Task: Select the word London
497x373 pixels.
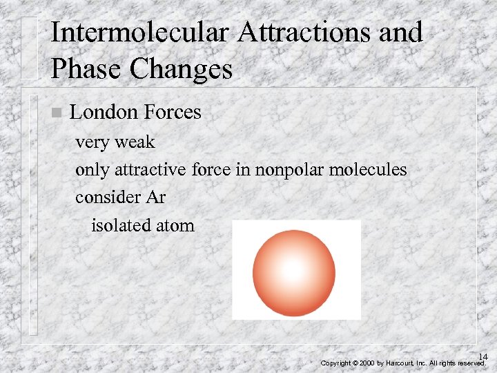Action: tap(104, 112)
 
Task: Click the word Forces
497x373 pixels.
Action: tap(172, 112)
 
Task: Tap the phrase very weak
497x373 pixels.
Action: tap(115, 142)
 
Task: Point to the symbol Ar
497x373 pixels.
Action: tap(156, 197)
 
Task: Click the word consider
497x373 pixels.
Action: tap(108, 197)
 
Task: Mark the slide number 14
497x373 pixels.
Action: tap(483, 356)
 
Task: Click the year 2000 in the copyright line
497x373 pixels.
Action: tap(367, 363)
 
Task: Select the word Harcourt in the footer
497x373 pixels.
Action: tap(400, 363)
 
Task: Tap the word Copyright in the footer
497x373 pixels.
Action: tap(336, 363)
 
